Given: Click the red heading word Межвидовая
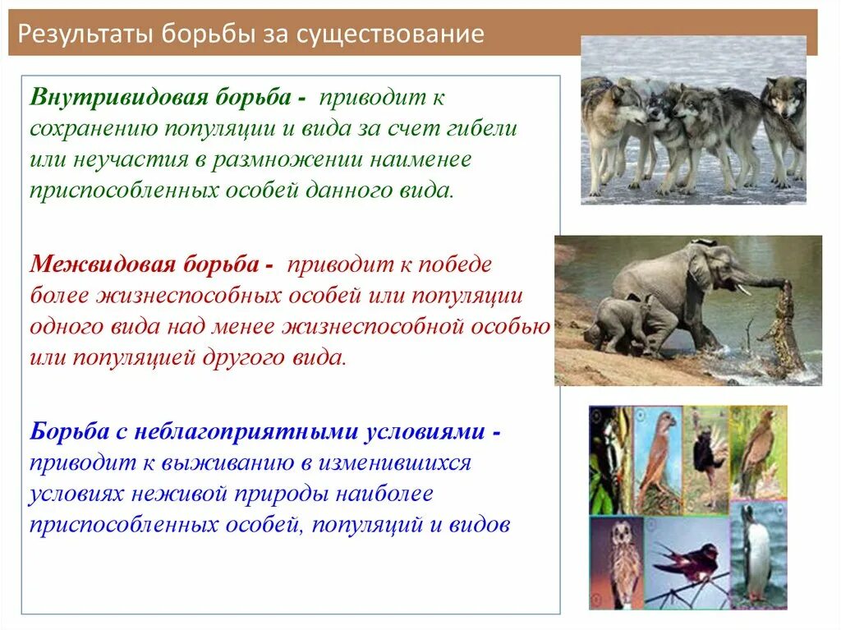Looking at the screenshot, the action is tap(103, 264).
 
